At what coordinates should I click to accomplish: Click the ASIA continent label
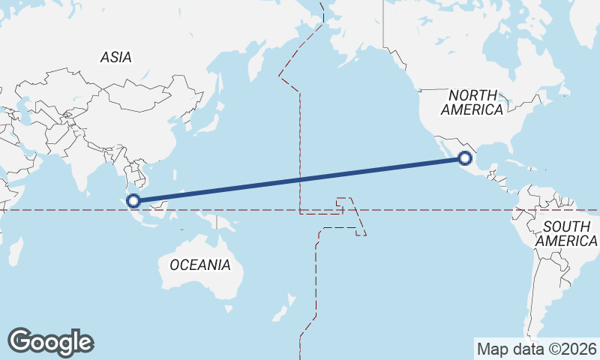(116, 57)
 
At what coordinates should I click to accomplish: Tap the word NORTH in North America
(472, 95)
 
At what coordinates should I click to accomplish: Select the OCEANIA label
(200, 265)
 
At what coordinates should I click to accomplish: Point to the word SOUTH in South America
(568, 226)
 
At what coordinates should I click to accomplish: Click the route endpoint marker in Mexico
(465, 157)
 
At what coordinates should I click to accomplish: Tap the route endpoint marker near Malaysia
(133, 200)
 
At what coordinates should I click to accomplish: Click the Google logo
(50, 341)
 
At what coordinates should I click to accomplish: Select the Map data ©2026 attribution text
(537, 349)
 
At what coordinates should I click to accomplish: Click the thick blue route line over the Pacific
(300, 179)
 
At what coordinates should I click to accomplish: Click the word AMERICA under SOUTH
(566, 241)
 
